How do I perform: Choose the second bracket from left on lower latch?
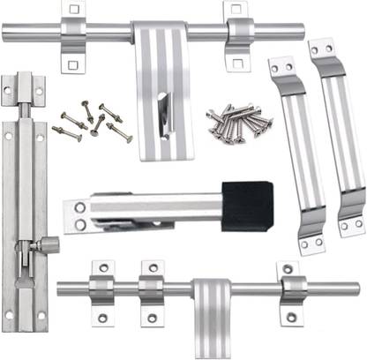click(152, 289)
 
